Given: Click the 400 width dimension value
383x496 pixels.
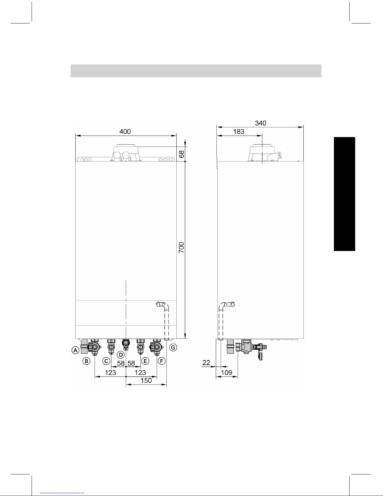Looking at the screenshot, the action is (125, 131).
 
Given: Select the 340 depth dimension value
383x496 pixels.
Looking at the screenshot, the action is (260, 123).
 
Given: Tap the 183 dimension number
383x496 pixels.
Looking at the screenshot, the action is (239, 131).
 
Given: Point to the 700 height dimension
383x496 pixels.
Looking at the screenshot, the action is (181, 248).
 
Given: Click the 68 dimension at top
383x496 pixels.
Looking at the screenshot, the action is (181, 154).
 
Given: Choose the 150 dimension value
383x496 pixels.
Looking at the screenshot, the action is (146, 381).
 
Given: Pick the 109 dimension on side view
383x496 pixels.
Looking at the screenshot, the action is (227, 372).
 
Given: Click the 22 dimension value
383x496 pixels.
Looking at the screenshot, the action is (206, 363).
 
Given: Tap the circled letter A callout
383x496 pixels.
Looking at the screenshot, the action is (75, 350).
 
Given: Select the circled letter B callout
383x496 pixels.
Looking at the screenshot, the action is (86, 361).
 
